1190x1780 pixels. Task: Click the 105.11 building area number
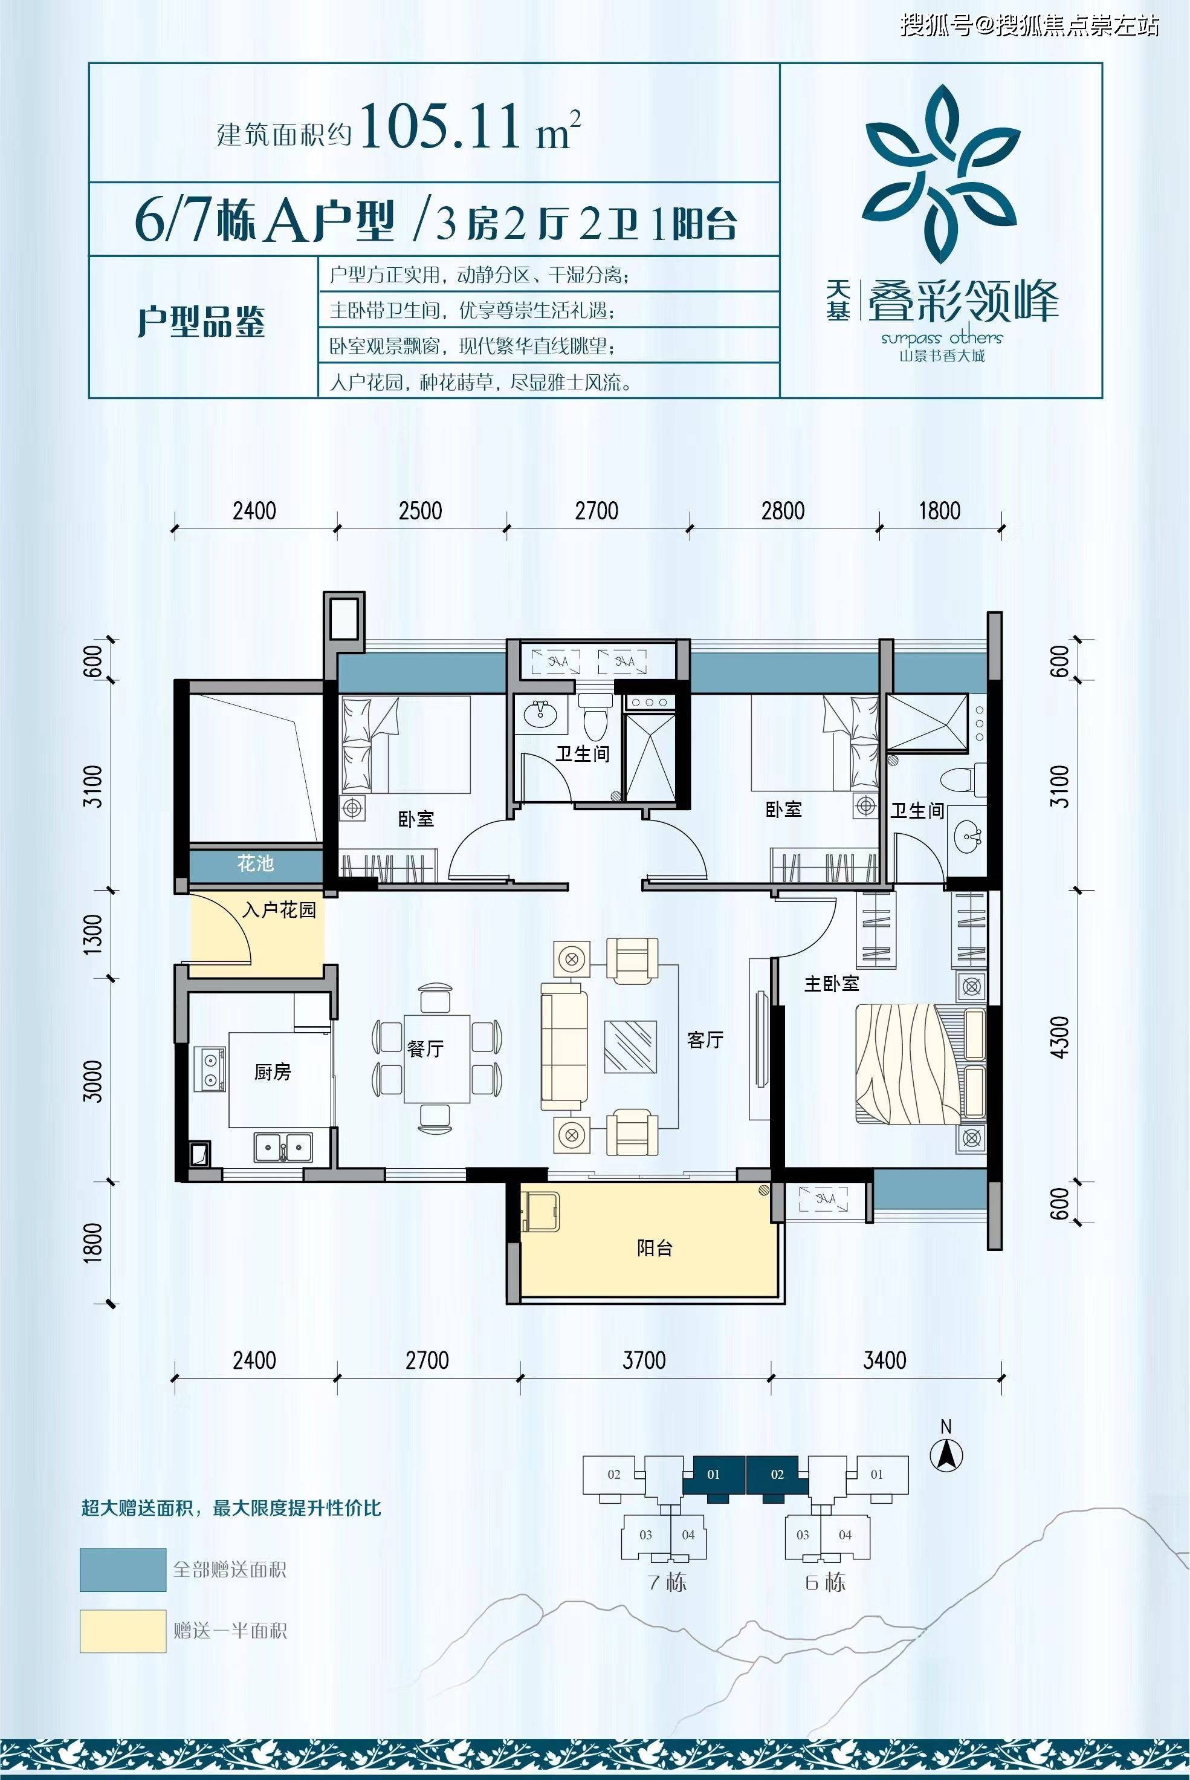pyautogui.click(x=442, y=127)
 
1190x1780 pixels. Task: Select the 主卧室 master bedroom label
pyautogui.click(x=832, y=984)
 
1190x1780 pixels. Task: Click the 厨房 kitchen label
pyautogui.click(x=273, y=1072)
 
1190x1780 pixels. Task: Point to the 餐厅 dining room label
pyautogui.click(x=425, y=1049)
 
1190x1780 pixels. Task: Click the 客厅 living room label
pyautogui.click(x=705, y=1040)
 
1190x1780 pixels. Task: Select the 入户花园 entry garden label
pyautogui.click(x=279, y=910)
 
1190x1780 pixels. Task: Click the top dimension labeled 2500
pyautogui.click(x=421, y=511)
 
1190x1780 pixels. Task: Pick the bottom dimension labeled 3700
pyautogui.click(x=644, y=1360)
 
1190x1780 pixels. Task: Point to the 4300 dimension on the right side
pyautogui.click(x=1061, y=1037)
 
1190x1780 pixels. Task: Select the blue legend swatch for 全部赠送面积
pyautogui.click(x=123, y=1570)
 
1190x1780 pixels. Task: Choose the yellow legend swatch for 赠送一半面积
pyautogui.click(x=123, y=1631)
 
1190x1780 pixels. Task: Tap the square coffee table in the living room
pyautogui.click(x=630, y=1046)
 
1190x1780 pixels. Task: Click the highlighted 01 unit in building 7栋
pyautogui.click(x=713, y=1474)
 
